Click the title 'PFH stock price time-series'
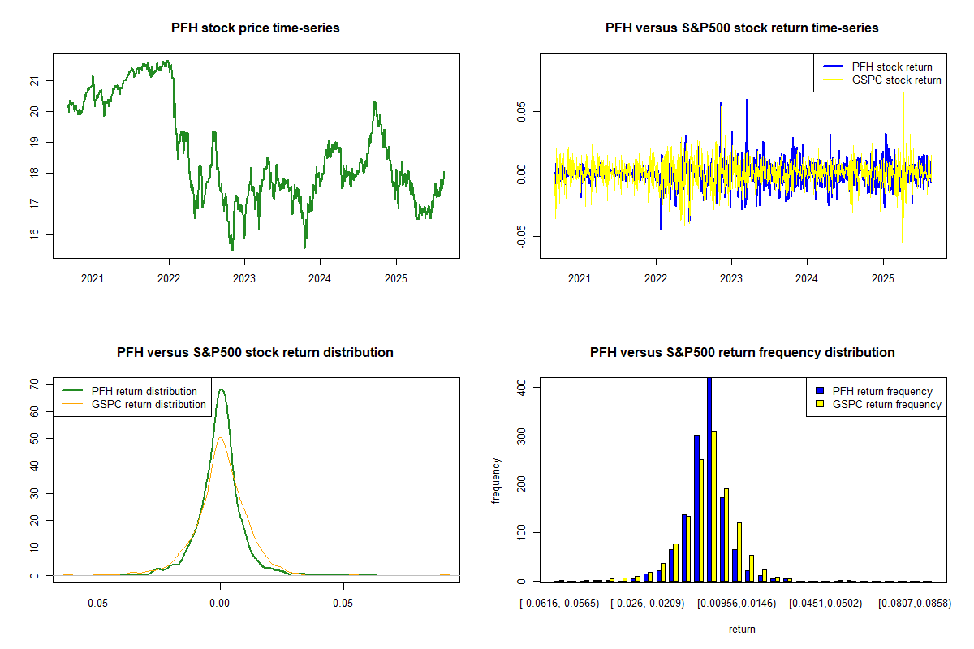255,28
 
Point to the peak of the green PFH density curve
221,389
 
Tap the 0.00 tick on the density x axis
220,603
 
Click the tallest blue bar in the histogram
709,479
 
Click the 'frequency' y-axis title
497,481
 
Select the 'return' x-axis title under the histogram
742,629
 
